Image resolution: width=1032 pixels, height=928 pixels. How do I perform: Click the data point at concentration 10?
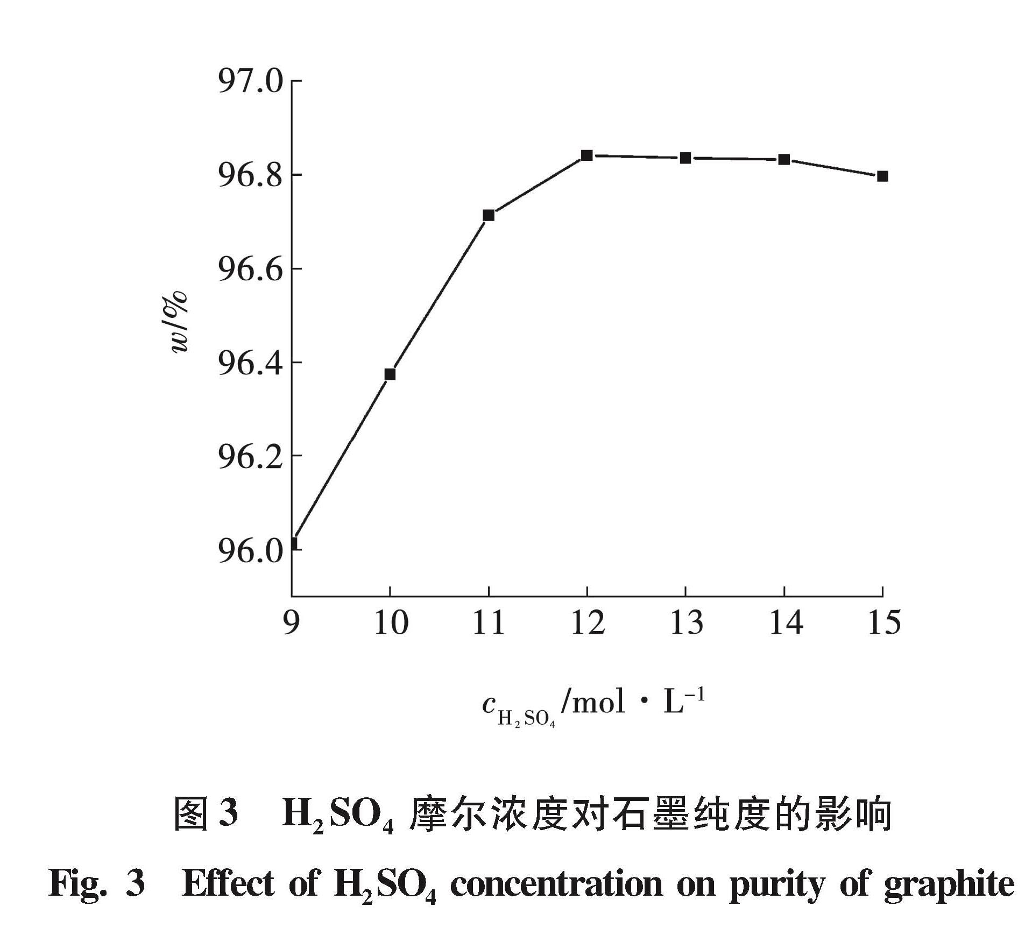coord(390,374)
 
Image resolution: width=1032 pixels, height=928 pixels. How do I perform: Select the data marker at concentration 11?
coord(489,215)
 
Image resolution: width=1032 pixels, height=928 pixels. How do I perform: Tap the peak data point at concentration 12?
coord(587,155)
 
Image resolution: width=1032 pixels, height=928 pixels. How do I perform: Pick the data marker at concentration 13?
coord(685,158)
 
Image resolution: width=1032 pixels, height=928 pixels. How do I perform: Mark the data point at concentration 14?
coord(784,159)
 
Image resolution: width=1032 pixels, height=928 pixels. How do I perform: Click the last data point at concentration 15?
coord(882,176)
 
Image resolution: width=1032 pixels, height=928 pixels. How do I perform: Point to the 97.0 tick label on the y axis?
coord(250,82)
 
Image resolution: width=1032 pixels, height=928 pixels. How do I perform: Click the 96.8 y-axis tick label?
coord(250,176)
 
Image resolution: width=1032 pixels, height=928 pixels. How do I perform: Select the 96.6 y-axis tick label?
coord(250,270)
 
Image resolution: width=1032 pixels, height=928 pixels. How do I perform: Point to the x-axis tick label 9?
coord(291,623)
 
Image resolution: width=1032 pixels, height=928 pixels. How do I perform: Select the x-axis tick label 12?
coord(588,623)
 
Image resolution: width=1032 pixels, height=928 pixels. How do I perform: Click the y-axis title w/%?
coord(179,322)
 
